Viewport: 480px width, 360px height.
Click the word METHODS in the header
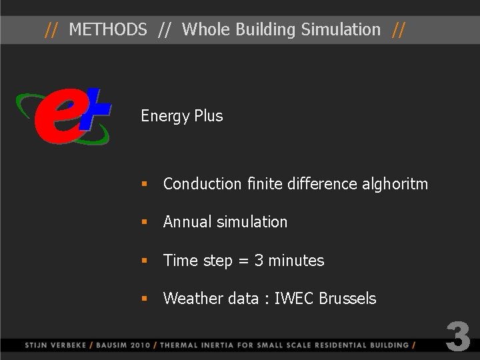(108, 29)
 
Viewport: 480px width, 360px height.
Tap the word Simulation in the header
(340, 29)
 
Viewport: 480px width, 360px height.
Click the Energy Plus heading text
(181, 116)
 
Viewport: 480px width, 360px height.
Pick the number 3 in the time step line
(259, 261)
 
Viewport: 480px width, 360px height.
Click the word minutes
(296, 261)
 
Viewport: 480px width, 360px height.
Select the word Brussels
(347, 299)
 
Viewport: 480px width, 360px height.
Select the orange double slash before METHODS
(51, 29)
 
